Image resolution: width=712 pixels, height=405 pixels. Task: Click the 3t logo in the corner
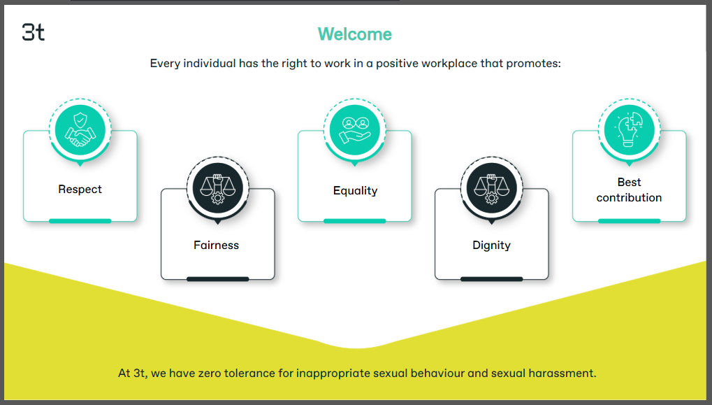click(x=33, y=32)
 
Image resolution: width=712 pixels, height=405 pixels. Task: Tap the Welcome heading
click(x=355, y=34)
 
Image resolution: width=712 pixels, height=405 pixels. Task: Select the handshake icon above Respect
click(x=80, y=130)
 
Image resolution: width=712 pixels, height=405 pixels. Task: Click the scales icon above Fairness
click(x=217, y=188)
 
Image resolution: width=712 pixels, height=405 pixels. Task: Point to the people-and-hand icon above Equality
click(x=355, y=129)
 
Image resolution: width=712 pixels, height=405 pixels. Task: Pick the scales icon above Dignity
click(x=491, y=188)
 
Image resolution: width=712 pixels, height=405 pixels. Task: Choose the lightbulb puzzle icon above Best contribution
click(x=629, y=129)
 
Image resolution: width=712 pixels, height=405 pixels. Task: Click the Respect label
click(x=80, y=189)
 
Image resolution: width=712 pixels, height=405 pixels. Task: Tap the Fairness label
click(x=216, y=245)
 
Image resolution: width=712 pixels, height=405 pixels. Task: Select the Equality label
click(x=355, y=190)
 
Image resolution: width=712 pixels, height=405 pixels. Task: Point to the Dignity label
click(x=491, y=246)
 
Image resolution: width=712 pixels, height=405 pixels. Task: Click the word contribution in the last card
click(x=629, y=198)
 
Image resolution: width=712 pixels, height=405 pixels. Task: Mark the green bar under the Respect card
click(x=80, y=221)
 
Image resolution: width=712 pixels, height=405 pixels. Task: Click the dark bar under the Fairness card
click(x=217, y=279)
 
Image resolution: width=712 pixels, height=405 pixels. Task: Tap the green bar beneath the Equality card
click(x=355, y=221)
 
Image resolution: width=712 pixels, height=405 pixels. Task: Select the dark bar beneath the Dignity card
click(x=491, y=279)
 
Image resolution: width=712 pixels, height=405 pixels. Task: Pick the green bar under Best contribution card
click(x=629, y=221)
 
